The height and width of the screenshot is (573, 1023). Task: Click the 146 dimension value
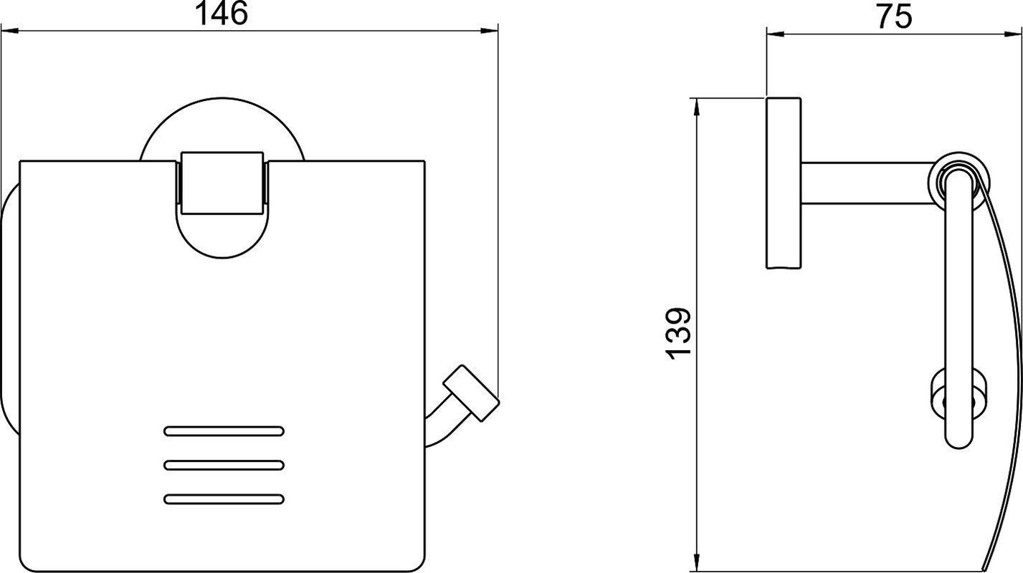coord(221,14)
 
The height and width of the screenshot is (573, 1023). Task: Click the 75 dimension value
coord(894,17)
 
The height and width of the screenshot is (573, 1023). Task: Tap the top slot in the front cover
coord(224,431)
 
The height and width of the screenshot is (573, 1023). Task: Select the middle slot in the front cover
coord(224,466)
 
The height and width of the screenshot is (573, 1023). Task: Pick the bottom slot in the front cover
coord(224,499)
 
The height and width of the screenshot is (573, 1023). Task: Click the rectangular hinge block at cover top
coord(222,183)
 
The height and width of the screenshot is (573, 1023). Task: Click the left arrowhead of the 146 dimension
coord(9,31)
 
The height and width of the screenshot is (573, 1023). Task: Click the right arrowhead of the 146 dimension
coord(489,31)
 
